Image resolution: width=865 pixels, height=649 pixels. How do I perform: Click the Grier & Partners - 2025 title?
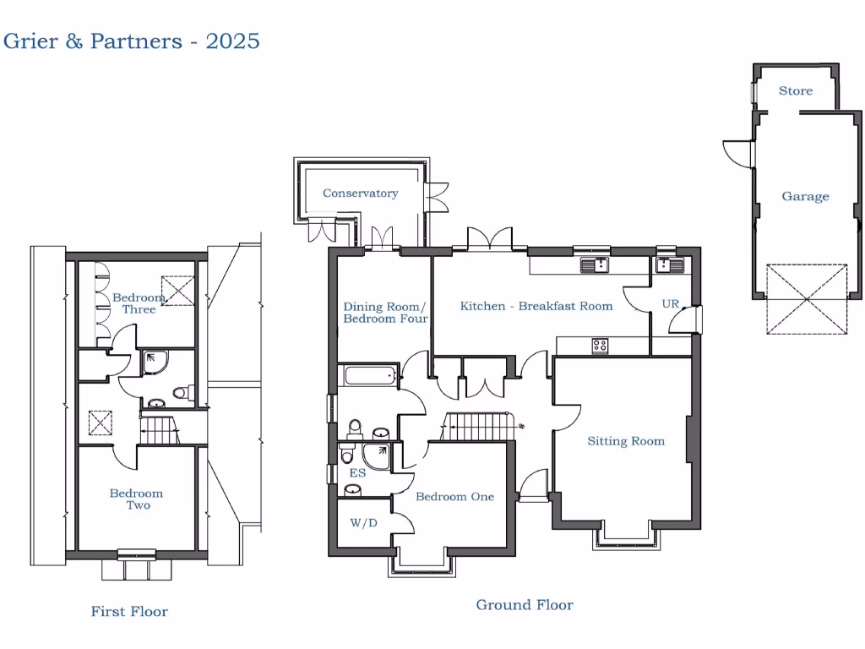click(131, 41)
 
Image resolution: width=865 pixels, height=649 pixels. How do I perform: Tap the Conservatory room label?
click(360, 194)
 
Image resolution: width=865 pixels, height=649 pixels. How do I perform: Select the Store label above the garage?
click(795, 90)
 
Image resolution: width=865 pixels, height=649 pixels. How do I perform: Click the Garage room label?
click(805, 196)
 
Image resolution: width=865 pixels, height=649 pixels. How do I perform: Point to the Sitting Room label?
click(626, 441)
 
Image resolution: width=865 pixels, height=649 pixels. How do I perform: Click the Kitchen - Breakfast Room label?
click(536, 306)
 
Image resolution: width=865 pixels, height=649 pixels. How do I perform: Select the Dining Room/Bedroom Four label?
click(384, 313)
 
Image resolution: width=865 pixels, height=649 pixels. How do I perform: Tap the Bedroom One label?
click(454, 496)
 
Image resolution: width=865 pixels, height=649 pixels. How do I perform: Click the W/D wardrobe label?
click(363, 523)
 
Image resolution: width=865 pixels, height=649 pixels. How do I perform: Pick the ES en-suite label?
click(356, 475)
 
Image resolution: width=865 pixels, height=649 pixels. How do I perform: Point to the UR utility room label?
click(670, 303)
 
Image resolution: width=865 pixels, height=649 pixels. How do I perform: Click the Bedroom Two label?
click(137, 499)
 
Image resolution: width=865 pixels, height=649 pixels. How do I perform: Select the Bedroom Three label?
click(139, 303)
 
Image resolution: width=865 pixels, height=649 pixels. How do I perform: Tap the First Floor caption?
click(129, 611)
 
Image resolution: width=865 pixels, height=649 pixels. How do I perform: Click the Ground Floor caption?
click(524, 604)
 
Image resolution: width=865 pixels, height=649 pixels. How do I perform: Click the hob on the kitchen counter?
click(600, 345)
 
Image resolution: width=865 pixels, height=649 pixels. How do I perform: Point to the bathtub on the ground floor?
click(368, 375)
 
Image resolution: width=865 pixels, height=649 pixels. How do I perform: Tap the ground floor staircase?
click(478, 426)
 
